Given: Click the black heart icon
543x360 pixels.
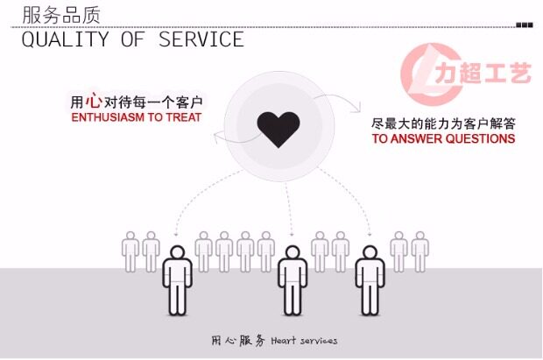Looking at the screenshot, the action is point(279,130).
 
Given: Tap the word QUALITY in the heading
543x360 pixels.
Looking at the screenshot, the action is point(57,39).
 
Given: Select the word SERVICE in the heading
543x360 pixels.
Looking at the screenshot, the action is point(201,39).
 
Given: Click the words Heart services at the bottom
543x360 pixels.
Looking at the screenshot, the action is point(304,340).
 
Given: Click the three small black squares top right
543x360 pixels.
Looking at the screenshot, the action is point(524,25).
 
